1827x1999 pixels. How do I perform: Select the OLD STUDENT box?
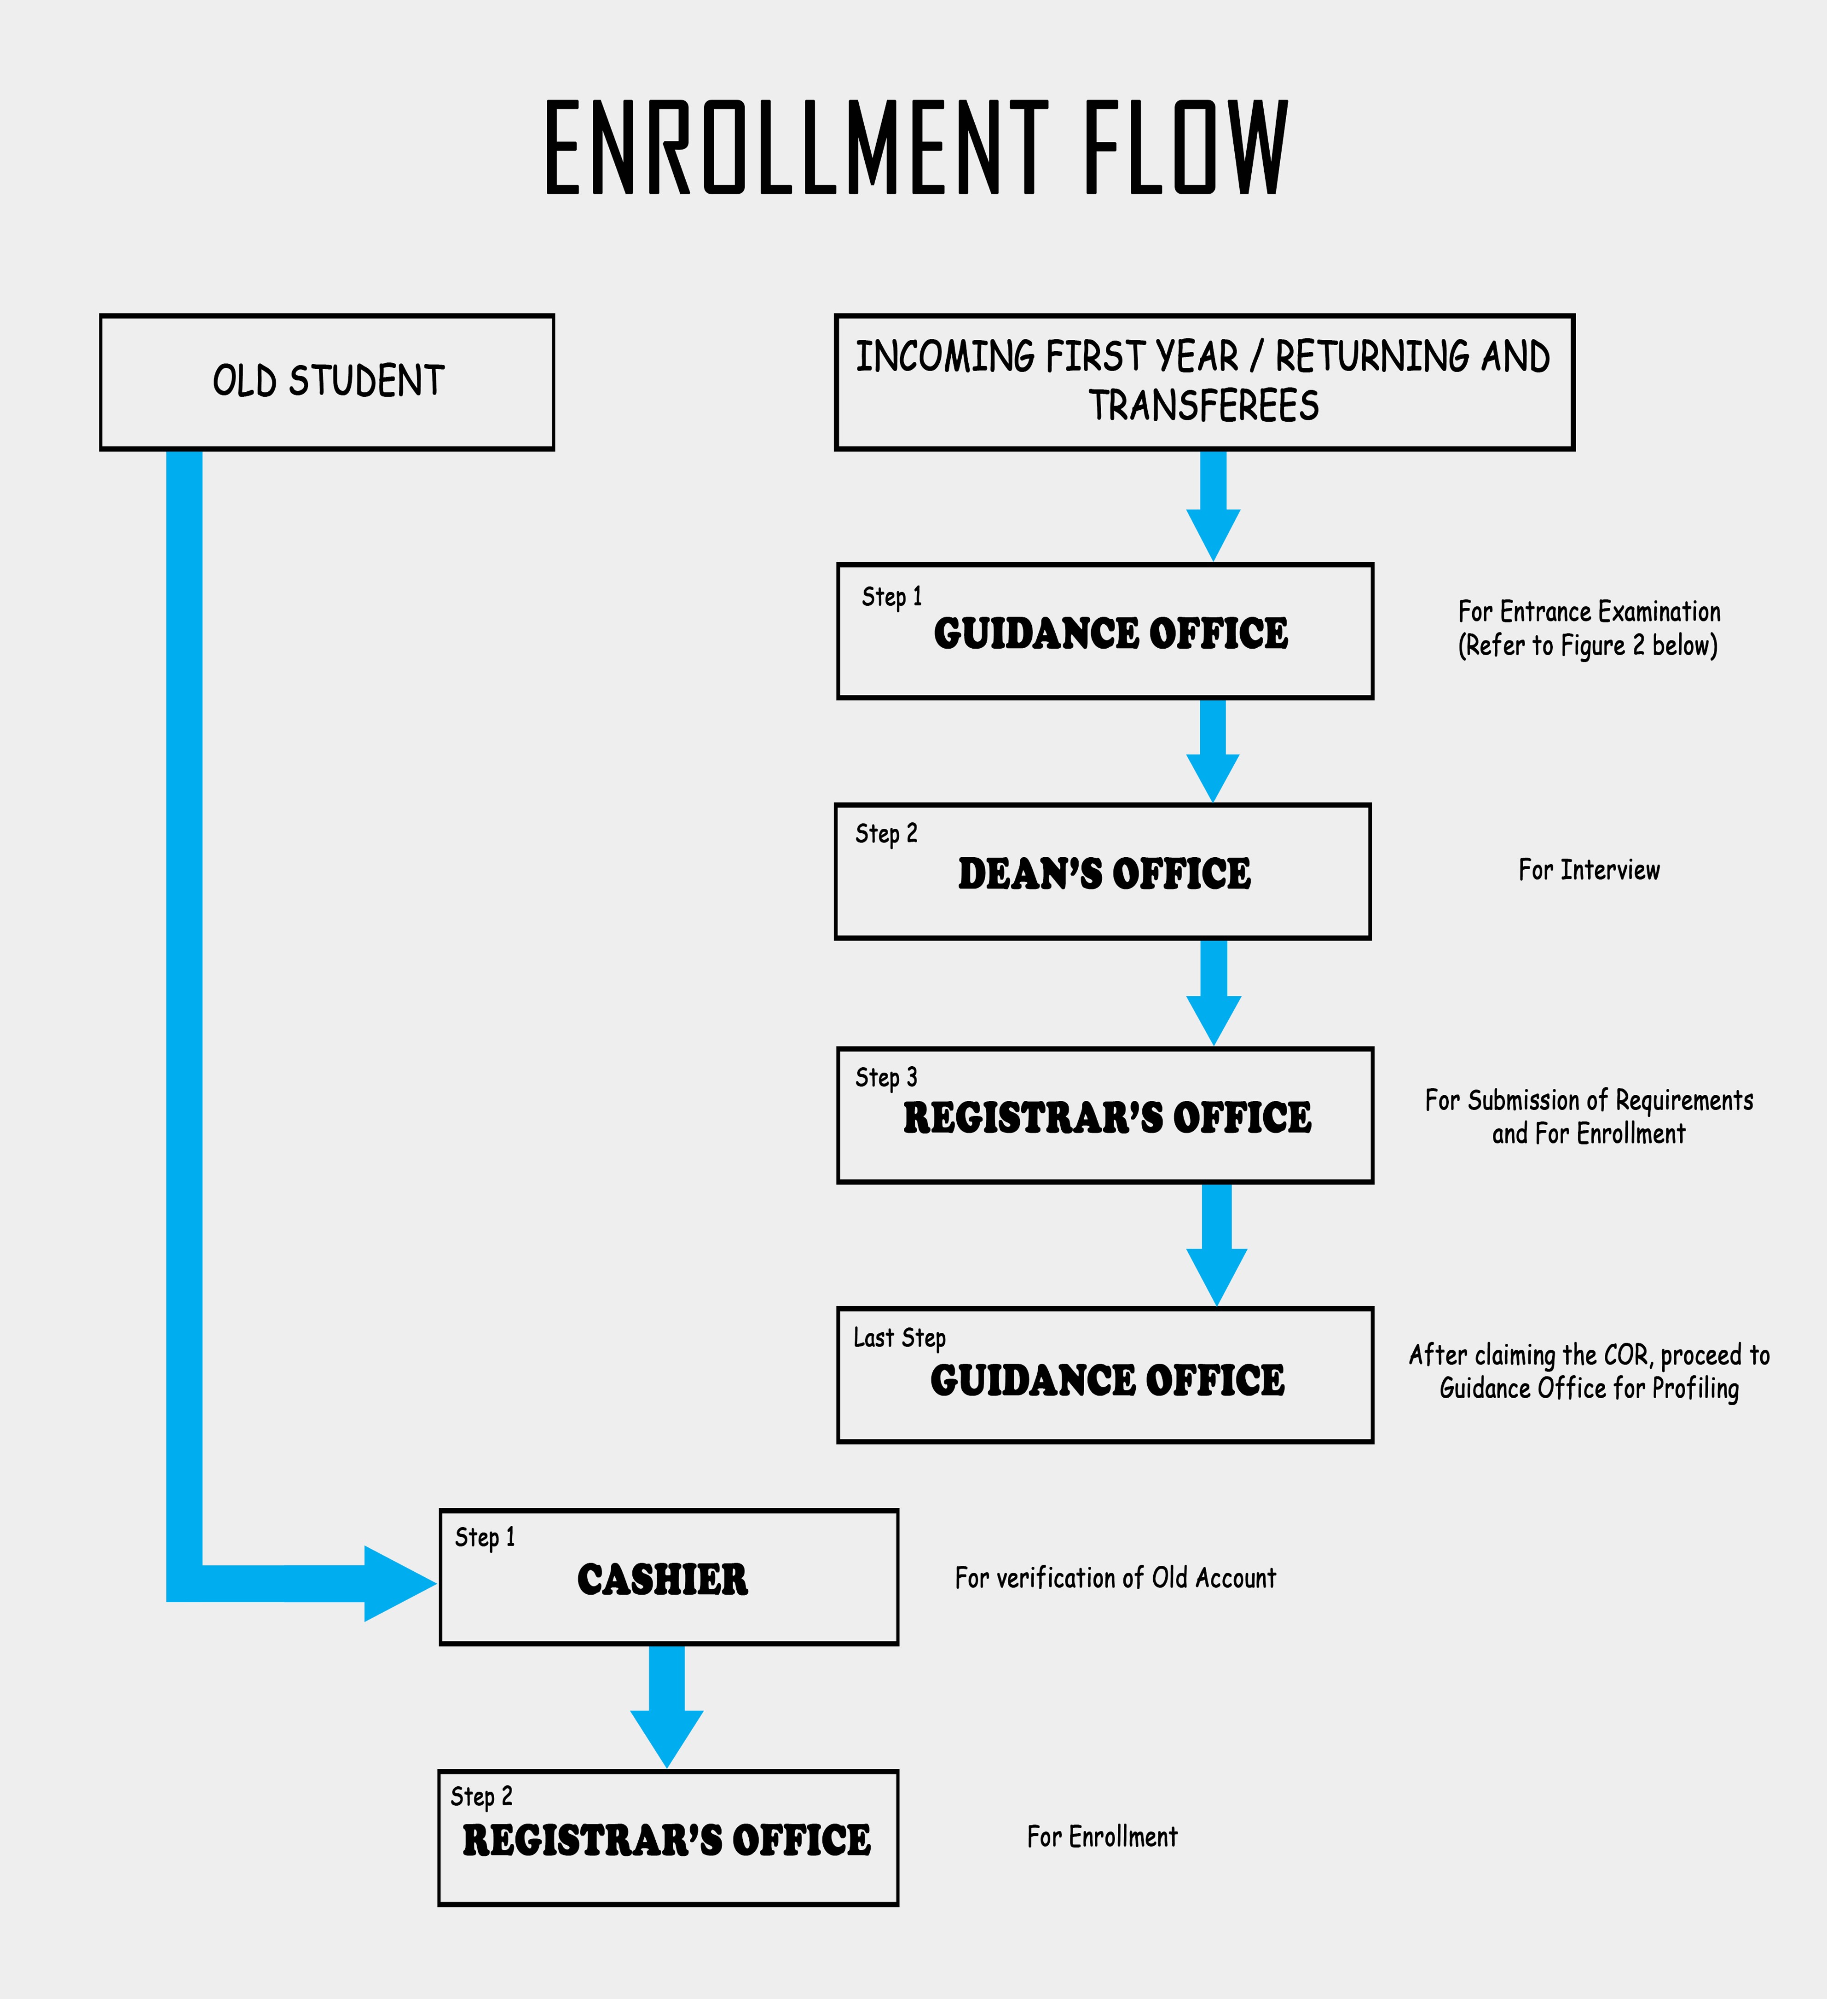(327, 382)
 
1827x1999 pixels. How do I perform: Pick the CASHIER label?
(662, 1580)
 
